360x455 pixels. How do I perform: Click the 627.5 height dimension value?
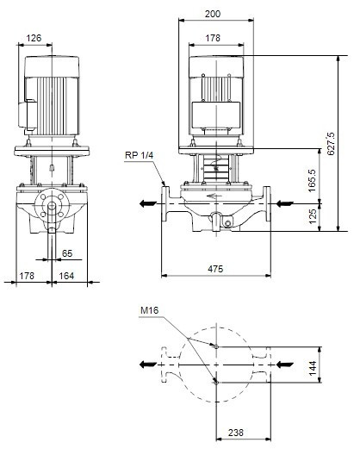[x=332, y=143]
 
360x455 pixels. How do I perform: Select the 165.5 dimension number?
[x=312, y=180]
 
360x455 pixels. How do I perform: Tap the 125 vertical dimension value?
[x=313, y=216]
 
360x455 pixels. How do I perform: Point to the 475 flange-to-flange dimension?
[x=215, y=269]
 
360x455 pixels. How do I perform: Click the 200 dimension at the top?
[x=213, y=14]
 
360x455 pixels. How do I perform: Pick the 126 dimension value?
[x=34, y=38]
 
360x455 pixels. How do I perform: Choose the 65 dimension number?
[x=67, y=253]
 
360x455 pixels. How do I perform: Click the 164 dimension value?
[x=66, y=276]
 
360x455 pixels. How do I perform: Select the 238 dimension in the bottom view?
[x=236, y=433]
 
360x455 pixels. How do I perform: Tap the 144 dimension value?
[x=313, y=368]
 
